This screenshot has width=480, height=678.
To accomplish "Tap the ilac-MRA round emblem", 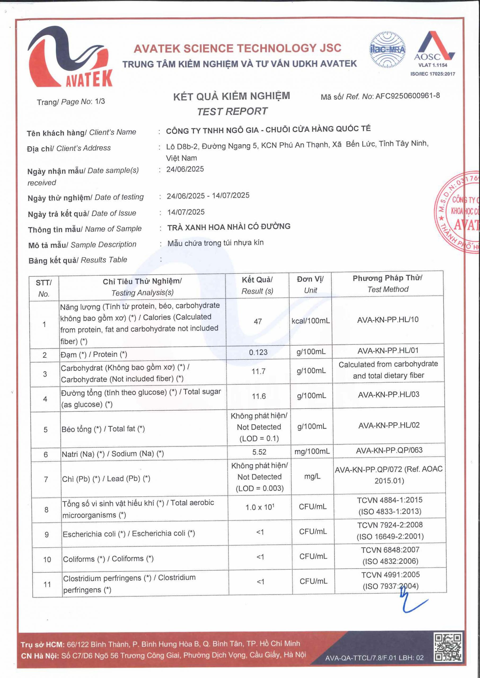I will click(387, 49).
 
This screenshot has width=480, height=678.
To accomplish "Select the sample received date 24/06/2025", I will click(185, 169).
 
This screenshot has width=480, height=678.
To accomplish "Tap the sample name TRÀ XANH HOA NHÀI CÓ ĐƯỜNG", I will click(229, 227).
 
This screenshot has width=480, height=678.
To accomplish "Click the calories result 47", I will click(258, 321).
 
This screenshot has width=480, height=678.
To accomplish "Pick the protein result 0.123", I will click(258, 352).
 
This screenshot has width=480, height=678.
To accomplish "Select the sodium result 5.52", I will click(259, 452).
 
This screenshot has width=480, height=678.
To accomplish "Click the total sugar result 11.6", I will click(259, 396).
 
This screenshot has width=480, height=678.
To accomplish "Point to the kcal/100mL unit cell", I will click(310, 321).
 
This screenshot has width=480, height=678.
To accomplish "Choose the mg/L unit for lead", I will click(312, 476).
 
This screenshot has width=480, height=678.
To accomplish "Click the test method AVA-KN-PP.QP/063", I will click(389, 450).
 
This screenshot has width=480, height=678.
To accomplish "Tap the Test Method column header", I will click(387, 283).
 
